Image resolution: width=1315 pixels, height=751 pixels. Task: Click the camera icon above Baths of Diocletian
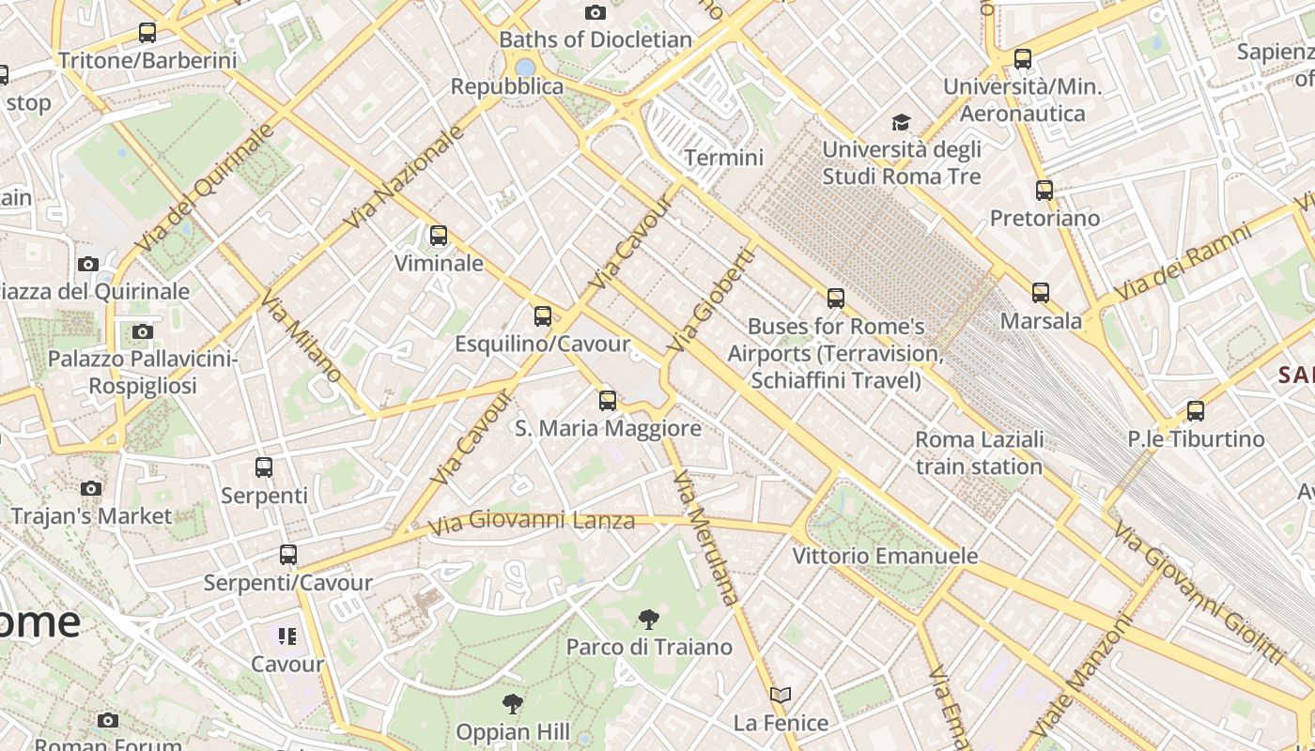[x=595, y=12]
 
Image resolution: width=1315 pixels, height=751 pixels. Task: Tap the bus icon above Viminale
[x=438, y=236]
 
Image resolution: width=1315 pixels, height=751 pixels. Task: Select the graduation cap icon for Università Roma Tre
[x=901, y=122]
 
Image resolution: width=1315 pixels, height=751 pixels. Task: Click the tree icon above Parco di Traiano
[x=648, y=620]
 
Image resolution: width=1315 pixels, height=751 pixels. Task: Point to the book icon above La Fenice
[x=780, y=696]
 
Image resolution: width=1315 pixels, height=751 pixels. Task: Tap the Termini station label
[x=723, y=158]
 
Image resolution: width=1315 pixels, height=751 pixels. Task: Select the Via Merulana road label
[x=707, y=537]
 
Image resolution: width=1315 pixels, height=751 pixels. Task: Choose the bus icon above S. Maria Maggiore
[x=608, y=401]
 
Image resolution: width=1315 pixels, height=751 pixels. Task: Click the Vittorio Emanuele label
[x=885, y=556]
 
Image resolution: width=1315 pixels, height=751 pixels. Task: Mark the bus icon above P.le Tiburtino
[x=1195, y=411]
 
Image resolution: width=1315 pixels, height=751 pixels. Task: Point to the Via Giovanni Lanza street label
[x=532, y=520]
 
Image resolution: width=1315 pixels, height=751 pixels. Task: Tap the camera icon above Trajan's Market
[x=91, y=488]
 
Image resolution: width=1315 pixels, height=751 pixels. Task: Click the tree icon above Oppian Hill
[x=512, y=704]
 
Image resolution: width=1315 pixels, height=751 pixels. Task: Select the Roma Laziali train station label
[x=979, y=452]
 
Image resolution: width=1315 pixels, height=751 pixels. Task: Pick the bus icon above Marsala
[x=1040, y=293]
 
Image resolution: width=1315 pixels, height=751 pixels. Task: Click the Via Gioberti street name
[x=711, y=300]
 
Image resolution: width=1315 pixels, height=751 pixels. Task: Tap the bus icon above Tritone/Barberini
[x=147, y=33]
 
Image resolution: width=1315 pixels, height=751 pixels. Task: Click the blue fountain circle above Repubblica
[x=525, y=68]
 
